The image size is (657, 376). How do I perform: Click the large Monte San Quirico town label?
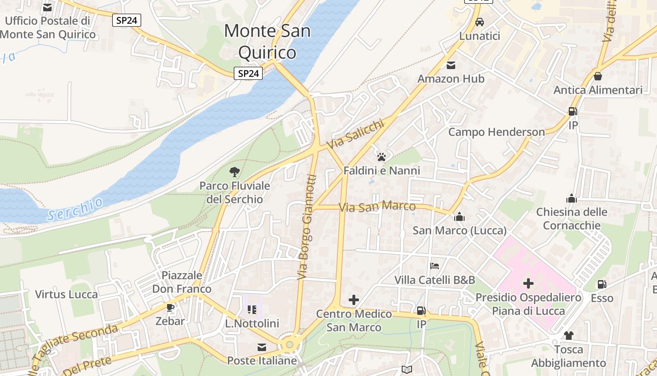click(x=267, y=41)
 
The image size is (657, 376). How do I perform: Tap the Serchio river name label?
click(x=75, y=210)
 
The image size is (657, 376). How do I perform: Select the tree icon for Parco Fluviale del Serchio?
click(x=235, y=172)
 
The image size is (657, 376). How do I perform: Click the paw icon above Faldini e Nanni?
click(x=382, y=157)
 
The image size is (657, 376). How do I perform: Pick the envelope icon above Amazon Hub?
click(x=451, y=65)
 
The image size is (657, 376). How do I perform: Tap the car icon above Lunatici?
click(x=480, y=22)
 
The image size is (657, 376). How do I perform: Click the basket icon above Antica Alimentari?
click(x=598, y=76)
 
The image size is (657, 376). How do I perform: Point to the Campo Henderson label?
click(x=497, y=132)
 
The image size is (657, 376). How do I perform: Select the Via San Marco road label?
click(x=377, y=206)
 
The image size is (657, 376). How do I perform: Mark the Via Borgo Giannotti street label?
click(x=307, y=227)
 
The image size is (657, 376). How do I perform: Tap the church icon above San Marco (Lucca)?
click(x=459, y=217)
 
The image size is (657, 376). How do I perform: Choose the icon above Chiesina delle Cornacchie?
click(x=572, y=198)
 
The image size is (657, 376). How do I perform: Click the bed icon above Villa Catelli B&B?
click(x=435, y=266)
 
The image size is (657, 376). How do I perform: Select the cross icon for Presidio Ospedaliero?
click(x=528, y=283)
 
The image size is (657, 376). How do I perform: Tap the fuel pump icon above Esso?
click(x=602, y=284)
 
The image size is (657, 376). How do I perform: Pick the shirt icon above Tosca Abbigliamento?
click(x=568, y=336)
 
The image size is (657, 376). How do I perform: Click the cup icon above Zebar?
click(x=170, y=308)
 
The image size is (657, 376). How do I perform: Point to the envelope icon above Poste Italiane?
click(x=262, y=347)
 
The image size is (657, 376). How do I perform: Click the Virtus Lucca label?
click(x=67, y=295)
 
